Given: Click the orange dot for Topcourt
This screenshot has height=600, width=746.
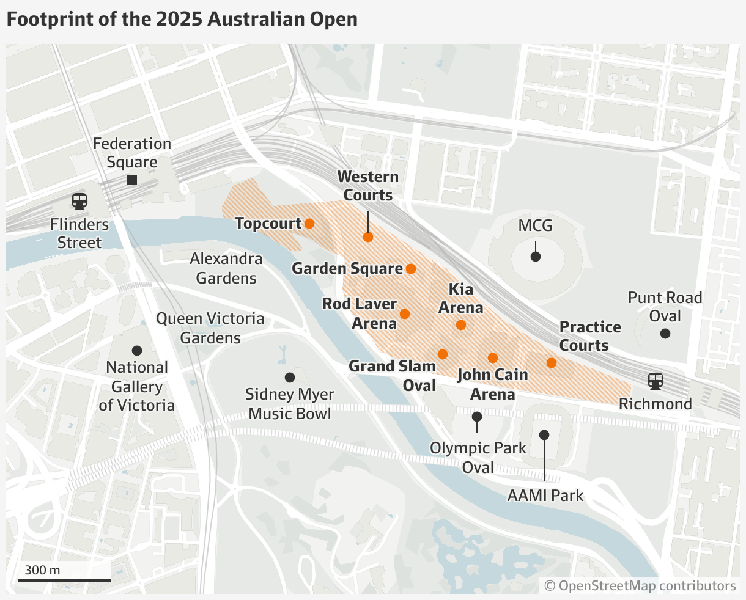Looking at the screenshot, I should pyautogui.click(x=309, y=224).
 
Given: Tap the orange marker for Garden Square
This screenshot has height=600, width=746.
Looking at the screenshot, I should pyautogui.click(x=411, y=269).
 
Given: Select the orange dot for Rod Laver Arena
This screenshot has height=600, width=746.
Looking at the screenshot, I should pyautogui.click(x=404, y=314).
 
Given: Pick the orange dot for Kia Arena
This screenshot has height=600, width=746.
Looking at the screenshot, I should pyautogui.click(x=461, y=325).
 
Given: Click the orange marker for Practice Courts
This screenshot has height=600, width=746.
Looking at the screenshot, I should pyautogui.click(x=552, y=363).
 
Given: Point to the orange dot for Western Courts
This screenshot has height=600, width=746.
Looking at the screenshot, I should pyautogui.click(x=368, y=237).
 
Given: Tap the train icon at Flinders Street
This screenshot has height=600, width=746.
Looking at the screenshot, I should pyautogui.click(x=79, y=200).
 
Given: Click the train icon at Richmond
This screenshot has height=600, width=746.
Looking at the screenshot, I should pyautogui.click(x=656, y=381).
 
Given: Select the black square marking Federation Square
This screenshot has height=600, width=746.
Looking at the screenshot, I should pyautogui.click(x=131, y=180).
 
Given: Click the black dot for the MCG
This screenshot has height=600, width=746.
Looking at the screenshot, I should pyautogui.click(x=536, y=257).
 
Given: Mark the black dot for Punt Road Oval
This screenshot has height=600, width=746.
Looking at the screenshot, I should pyautogui.click(x=665, y=334).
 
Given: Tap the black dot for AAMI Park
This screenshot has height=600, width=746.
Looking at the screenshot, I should pyautogui.click(x=544, y=435).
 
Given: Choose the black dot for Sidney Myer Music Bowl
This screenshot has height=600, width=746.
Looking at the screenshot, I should pyautogui.click(x=290, y=378).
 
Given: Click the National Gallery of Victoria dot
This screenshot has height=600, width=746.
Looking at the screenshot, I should pyautogui.click(x=137, y=351).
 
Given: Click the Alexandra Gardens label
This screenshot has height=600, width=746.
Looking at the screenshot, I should pyautogui.click(x=226, y=268).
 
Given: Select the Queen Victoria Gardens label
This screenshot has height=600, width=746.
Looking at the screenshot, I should pyautogui.click(x=210, y=328).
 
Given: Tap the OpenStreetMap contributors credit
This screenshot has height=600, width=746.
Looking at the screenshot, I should pyautogui.click(x=640, y=585).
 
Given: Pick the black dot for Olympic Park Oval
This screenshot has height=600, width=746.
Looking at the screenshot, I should pyautogui.click(x=477, y=417).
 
